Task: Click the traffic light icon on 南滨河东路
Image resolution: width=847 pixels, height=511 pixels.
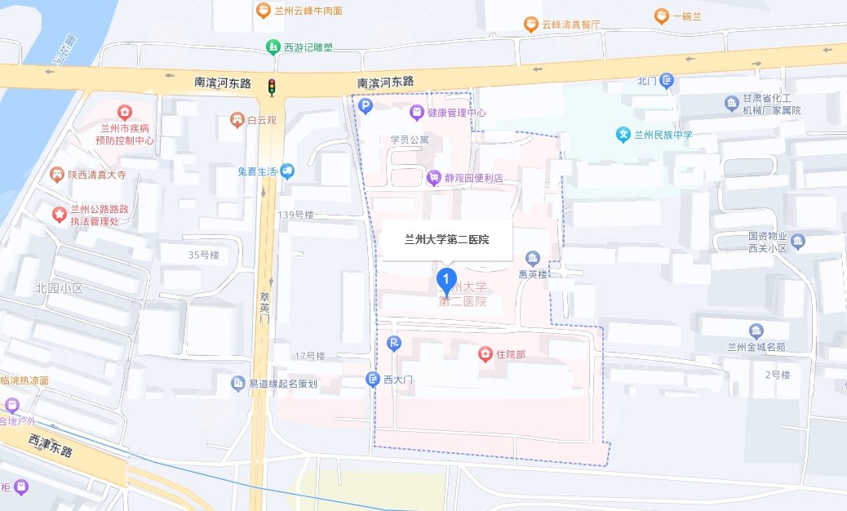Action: [273, 86]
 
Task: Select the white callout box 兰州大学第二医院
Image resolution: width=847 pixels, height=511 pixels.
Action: [446, 239]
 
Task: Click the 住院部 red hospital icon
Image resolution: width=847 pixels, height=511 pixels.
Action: [485, 353]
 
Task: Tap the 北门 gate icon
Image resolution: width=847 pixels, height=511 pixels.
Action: [667, 80]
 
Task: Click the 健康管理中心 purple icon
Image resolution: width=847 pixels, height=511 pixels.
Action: [416, 112]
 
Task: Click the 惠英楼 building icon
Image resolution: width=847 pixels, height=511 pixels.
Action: [533, 259]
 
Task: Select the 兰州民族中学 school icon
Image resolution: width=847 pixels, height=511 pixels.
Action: [623, 134]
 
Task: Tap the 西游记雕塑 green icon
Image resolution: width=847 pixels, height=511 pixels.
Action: [273, 47]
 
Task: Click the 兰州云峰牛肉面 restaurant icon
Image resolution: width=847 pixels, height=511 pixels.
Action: [263, 11]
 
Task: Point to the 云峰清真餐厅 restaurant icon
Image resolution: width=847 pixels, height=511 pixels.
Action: [530, 24]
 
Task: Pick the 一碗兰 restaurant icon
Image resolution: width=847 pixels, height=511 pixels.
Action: [661, 16]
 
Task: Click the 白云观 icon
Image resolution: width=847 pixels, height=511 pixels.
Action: [237, 120]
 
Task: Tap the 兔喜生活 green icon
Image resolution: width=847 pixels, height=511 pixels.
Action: [287, 171]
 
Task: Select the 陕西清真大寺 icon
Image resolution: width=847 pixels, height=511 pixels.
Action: [56, 174]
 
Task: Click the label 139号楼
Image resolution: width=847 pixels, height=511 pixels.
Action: [295, 215]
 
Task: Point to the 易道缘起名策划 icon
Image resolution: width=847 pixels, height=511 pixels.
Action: [237, 383]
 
